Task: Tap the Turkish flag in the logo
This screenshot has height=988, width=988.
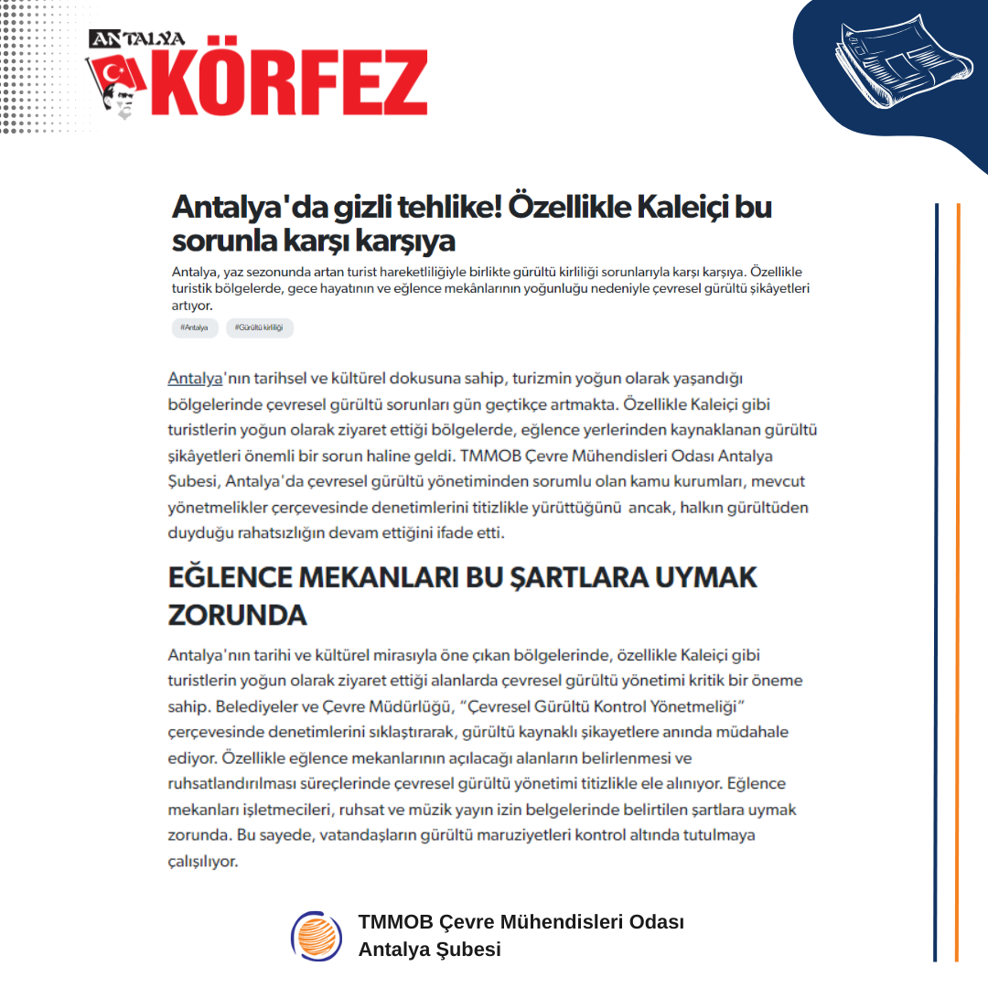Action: [118, 73]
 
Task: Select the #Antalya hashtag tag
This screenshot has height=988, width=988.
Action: [194, 328]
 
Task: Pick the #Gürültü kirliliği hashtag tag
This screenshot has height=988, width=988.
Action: [259, 328]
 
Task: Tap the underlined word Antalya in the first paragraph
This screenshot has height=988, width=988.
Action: [195, 378]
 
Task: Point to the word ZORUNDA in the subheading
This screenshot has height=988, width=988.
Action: [237, 615]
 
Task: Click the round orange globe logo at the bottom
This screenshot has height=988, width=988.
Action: [316, 936]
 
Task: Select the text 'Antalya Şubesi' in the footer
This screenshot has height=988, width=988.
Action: [429, 950]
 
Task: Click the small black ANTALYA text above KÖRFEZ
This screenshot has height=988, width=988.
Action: [137, 38]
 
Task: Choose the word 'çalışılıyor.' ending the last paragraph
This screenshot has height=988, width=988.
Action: [203, 862]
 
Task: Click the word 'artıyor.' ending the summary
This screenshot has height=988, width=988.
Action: [191, 306]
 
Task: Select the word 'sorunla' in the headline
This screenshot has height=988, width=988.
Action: [219, 242]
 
